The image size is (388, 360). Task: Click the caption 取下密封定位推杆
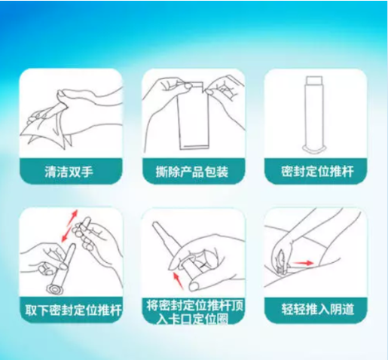point(71,308)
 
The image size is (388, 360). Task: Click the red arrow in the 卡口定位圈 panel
point(179,281)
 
